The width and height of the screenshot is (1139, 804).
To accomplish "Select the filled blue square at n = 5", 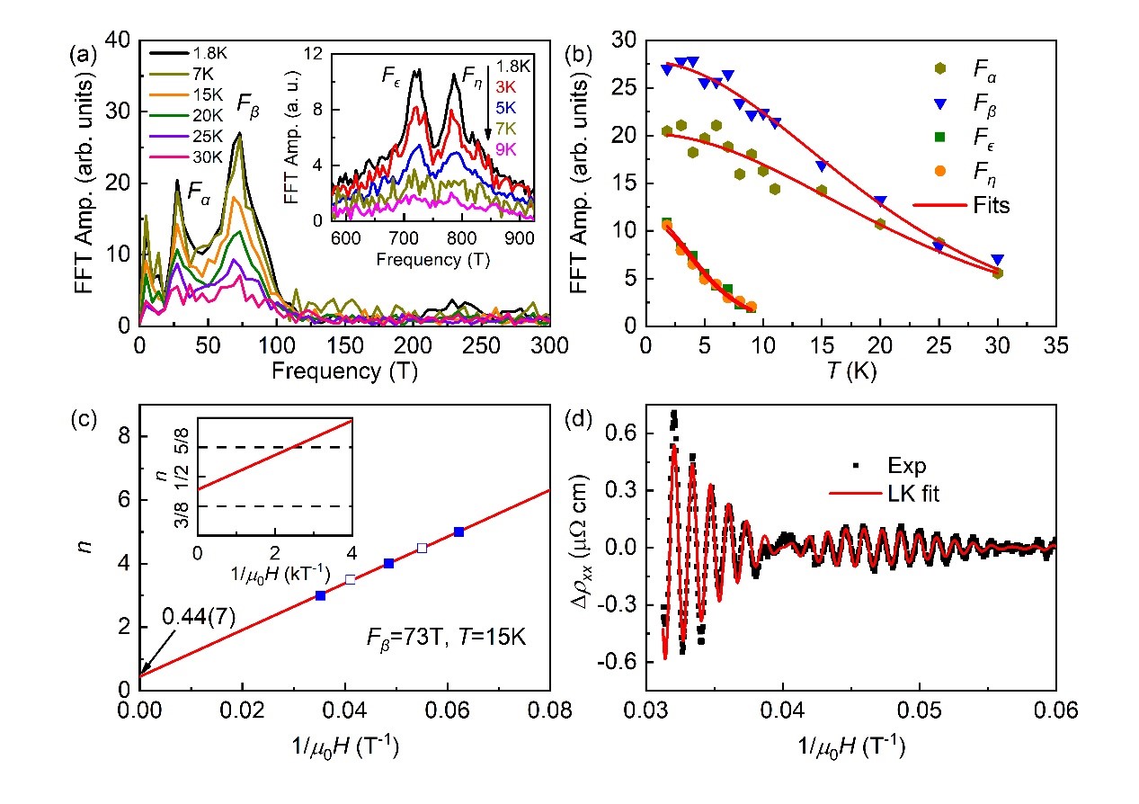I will (x=459, y=532).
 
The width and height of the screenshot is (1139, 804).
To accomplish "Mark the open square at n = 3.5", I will (x=351, y=580).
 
